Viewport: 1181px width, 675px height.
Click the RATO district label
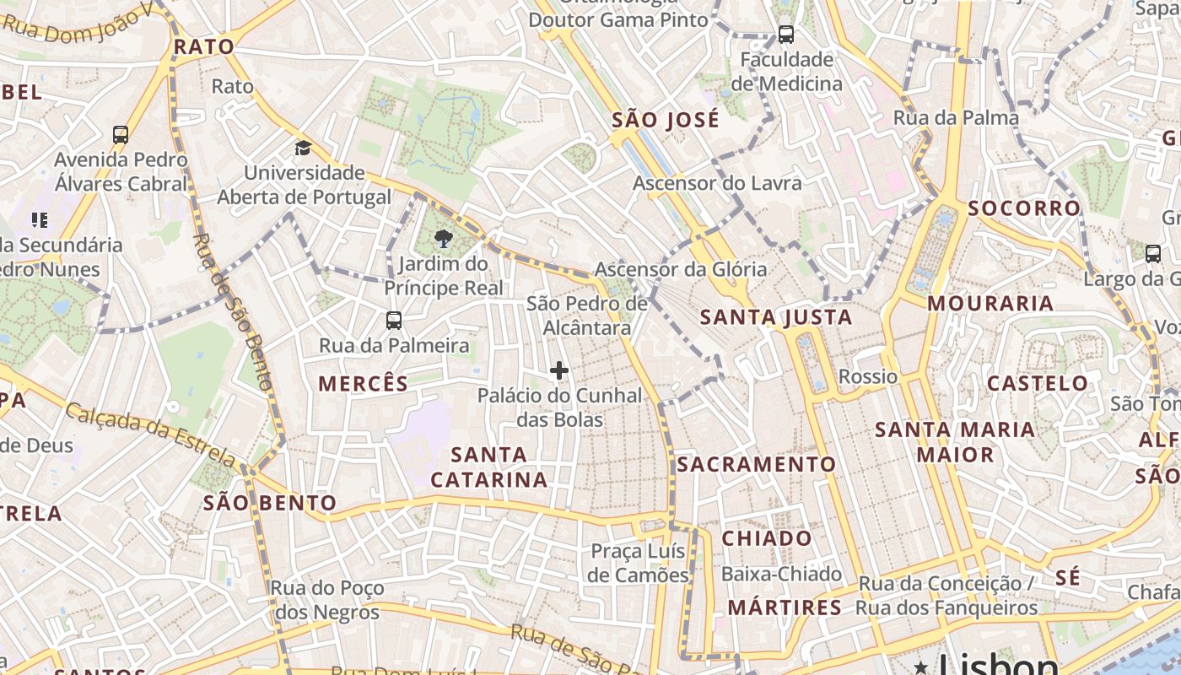[x=203, y=47]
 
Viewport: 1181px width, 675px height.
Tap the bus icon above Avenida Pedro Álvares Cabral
[x=121, y=134]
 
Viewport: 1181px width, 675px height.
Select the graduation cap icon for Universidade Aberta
[x=303, y=149]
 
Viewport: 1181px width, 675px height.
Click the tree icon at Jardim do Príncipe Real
[x=442, y=240]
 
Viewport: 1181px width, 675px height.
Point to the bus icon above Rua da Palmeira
[x=394, y=321]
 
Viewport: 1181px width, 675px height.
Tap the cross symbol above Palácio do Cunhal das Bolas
[x=558, y=370]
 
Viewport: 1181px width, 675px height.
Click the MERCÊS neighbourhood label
[x=363, y=384]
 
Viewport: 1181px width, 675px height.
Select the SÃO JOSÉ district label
[x=666, y=120]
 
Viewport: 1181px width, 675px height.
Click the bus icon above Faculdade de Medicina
[x=786, y=35]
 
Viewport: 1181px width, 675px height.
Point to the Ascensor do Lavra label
[x=717, y=183]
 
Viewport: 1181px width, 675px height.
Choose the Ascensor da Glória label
[x=681, y=269]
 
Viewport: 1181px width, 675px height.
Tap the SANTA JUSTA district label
[x=776, y=318]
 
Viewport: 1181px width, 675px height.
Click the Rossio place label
[x=868, y=376]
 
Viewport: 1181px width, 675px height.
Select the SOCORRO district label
[x=1024, y=208]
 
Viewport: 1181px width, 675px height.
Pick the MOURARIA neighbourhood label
[x=990, y=303]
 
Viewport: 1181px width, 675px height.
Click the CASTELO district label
[x=1038, y=384]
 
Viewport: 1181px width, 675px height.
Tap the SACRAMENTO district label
[x=756, y=464]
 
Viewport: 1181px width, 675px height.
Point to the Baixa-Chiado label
[x=781, y=575]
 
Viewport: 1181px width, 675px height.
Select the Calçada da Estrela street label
[x=150, y=435]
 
